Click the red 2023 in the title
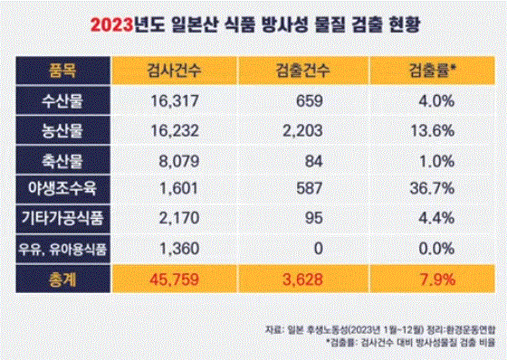pyautogui.click(x=112, y=24)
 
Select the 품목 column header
pyautogui.click(x=62, y=71)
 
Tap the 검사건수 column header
pyautogui.click(x=174, y=71)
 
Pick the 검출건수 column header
pyautogui.click(x=302, y=71)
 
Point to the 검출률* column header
pyautogui.click(x=433, y=71)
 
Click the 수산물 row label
pyautogui.click(x=62, y=100)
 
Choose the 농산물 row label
pyautogui.click(x=62, y=130)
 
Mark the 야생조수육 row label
pyautogui.click(x=62, y=188)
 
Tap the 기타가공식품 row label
pyautogui.click(x=62, y=217)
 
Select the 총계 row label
pyautogui.click(x=62, y=279)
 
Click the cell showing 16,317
pyautogui.click(x=175, y=101)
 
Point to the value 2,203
pyautogui.click(x=302, y=131)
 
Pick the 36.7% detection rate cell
pyautogui.click(x=432, y=188)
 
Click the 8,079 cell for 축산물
pyautogui.click(x=179, y=161)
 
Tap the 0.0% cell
pyautogui.click(x=436, y=249)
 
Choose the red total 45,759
pyautogui.click(x=174, y=279)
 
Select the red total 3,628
pyautogui.click(x=302, y=279)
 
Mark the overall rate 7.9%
pyautogui.click(x=437, y=279)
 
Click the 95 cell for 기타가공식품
pyautogui.click(x=314, y=218)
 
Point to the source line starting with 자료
pyautogui.click(x=380, y=329)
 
